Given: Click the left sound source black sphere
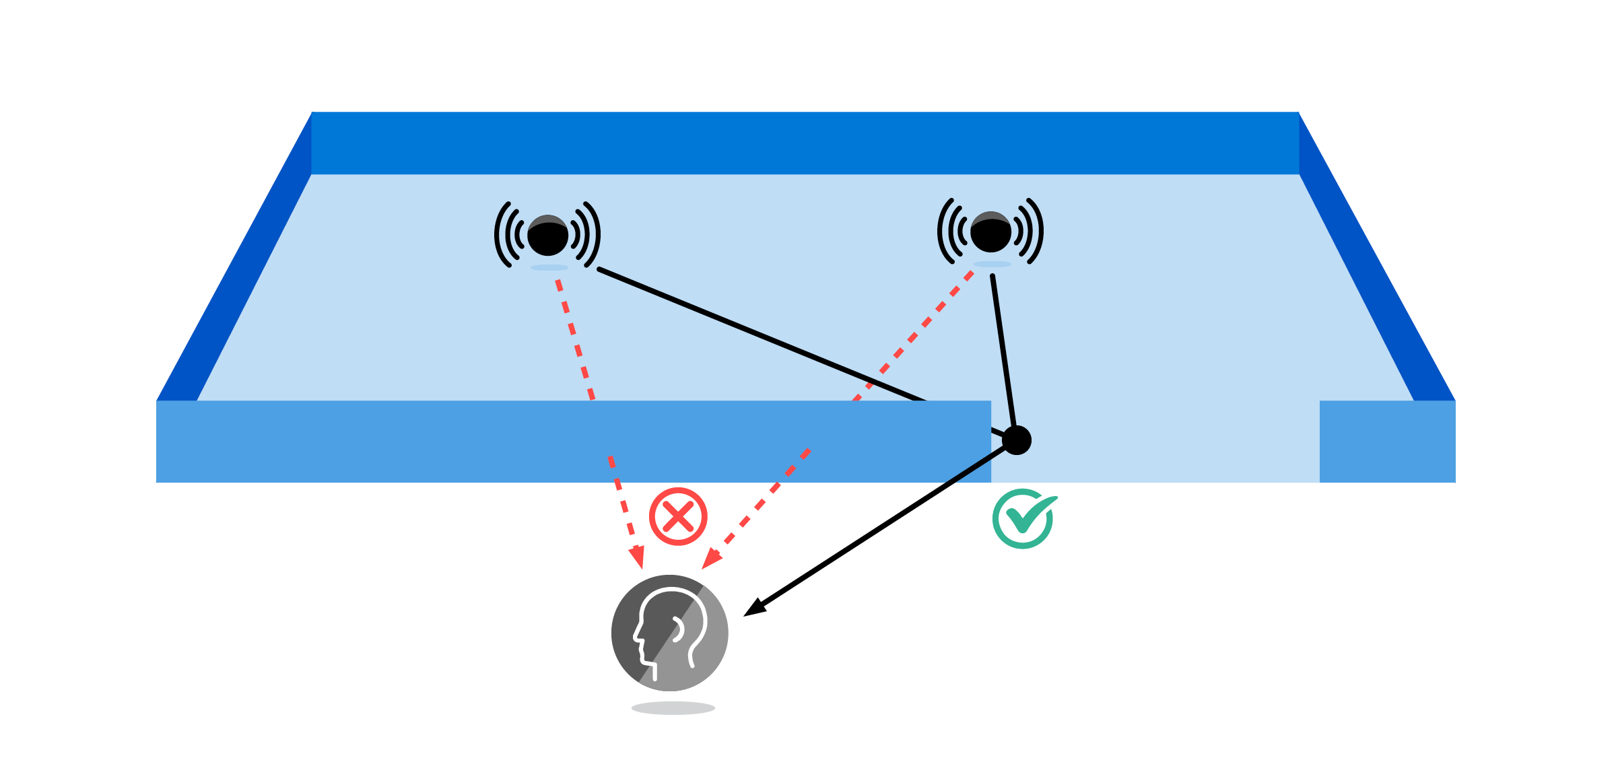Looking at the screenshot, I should click(x=547, y=236).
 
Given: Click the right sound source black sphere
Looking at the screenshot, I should click(x=990, y=233).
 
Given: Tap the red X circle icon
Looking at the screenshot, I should click(x=678, y=516).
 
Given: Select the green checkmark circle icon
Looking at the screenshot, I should click(x=1022, y=519).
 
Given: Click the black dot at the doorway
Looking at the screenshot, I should click(x=1017, y=440).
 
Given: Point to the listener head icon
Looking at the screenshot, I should click(x=669, y=633).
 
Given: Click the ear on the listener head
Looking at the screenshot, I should click(x=678, y=629).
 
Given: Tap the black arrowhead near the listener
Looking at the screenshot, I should click(x=753, y=608).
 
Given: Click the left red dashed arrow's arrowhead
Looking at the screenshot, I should click(x=637, y=558).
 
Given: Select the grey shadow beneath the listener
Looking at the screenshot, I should click(x=673, y=708).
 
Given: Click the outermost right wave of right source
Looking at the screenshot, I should click(x=1038, y=231).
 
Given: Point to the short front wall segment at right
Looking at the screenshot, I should click(x=1387, y=442).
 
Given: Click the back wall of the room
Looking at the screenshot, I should click(x=805, y=143).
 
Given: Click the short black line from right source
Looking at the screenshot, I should click(x=1003, y=350).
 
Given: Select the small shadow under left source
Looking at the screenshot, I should click(x=549, y=268).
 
